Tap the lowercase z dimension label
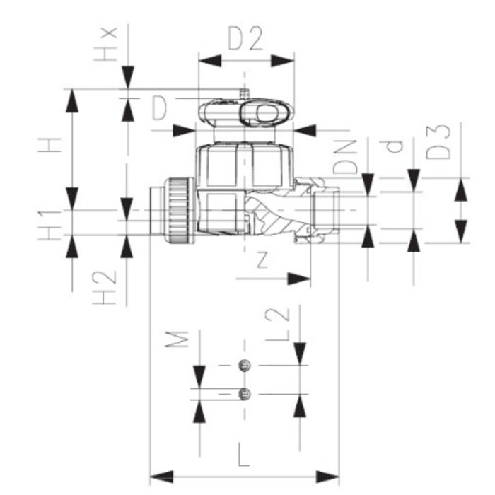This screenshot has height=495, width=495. [x=262, y=260]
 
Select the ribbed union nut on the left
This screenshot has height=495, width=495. [x=176, y=209]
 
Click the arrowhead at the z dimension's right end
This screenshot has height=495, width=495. [x=305, y=278]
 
